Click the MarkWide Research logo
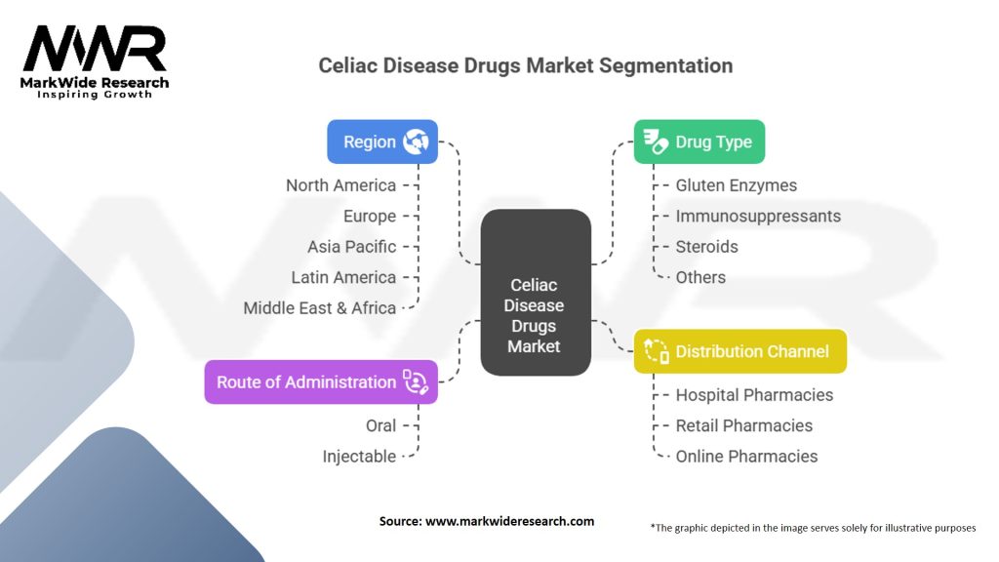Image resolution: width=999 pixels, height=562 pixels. tap(94, 60)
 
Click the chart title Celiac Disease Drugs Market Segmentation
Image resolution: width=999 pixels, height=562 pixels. tap(526, 66)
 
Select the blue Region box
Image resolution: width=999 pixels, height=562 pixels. tap(381, 141)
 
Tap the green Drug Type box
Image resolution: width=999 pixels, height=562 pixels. tap(699, 141)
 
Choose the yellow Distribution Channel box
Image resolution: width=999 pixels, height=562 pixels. tap(739, 351)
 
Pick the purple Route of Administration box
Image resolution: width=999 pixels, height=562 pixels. tap(320, 381)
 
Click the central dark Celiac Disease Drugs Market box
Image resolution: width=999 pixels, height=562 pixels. tap(535, 315)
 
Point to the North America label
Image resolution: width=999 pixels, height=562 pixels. tap(340, 185)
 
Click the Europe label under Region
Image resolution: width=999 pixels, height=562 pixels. tap(370, 216)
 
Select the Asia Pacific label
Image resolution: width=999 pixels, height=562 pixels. tap(351, 247)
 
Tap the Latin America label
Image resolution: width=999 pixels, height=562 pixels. tap(343, 277)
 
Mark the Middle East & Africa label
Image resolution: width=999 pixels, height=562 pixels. tap(320, 307)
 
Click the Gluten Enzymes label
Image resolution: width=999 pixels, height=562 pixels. tap(736, 185)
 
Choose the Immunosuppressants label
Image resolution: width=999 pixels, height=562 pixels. tap(757, 216)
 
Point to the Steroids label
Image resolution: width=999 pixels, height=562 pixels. tap(706, 247)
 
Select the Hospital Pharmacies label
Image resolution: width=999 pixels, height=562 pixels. tap(754, 395)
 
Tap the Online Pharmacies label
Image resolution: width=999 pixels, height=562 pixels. tap(746, 456)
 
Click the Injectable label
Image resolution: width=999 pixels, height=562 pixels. tap(359, 456)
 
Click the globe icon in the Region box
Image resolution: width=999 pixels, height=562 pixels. tap(417, 141)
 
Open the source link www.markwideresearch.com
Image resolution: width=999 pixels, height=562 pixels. tap(510, 521)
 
